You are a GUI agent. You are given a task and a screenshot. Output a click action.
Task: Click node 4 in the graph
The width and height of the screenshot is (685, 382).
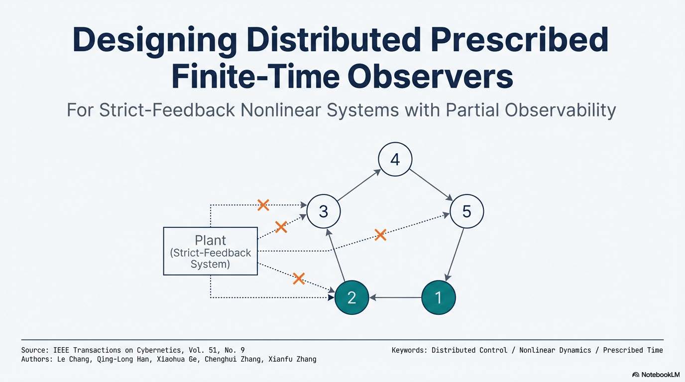pyautogui.click(x=395, y=159)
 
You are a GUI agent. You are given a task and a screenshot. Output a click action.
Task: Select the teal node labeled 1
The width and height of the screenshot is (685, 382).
pyautogui.click(x=438, y=297)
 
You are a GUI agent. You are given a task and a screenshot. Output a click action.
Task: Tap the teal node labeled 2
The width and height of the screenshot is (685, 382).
pyautogui.click(x=351, y=297)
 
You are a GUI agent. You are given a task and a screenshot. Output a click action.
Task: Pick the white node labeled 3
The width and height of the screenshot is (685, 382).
pyautogui.click(x=324, y=211)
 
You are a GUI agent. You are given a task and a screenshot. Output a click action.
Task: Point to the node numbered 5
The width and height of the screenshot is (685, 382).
pyautogui.click(x=466, y=211)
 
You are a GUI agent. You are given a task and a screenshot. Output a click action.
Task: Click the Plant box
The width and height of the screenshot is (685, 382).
pyautogui.click(x=211, y=251)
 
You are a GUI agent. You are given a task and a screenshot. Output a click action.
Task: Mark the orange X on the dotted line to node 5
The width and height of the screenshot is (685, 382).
pyautogui.click(x=380, y=235)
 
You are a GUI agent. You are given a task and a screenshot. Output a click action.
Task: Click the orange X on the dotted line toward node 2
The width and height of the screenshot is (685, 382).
pyautogui.click(x=299, y=278)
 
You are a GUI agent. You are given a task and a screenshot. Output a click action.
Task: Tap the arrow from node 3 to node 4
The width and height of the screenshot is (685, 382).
pyautogui.click(x=359, y=185)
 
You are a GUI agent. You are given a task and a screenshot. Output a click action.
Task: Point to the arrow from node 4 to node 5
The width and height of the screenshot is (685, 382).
pyautogui.click(x=431, y=185)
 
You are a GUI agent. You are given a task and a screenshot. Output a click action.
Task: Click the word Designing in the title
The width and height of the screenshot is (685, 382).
pyautogui.click(x=152, y=40)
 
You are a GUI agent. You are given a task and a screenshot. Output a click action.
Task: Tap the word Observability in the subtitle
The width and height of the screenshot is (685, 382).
pyautogui.click(x=560, y=110)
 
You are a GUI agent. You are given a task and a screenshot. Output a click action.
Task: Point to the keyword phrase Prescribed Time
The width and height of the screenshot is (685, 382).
pyautogui.click(x=633, y=350)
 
